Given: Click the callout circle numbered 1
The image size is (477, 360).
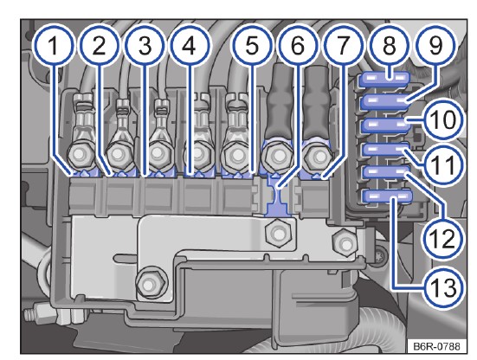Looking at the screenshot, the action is tap(54, 46).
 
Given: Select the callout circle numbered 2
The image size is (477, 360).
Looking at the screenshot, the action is tap(99, 46).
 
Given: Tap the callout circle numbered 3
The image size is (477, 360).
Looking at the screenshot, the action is tap(145, 46).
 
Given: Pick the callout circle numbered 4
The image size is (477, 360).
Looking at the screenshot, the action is tap(190, 46).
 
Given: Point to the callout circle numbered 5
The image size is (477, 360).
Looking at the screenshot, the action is tap(252, 46).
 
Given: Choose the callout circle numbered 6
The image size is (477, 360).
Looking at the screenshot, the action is tap(298, 46).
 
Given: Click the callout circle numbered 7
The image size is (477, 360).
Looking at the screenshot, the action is tap(343, 46).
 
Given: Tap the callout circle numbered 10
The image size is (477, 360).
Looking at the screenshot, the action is tap(444, 119).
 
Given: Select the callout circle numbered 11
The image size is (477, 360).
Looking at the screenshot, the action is tap(444, 164).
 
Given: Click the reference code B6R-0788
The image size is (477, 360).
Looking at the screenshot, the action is tap(436, 346).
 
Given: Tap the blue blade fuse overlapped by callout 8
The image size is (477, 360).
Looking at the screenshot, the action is tap(384, 80).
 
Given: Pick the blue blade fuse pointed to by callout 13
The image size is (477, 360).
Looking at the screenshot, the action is tap(387, 196).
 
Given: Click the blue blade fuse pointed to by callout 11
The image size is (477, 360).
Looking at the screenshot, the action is tap(386, 150).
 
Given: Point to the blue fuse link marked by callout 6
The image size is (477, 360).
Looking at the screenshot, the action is tap(277, 196).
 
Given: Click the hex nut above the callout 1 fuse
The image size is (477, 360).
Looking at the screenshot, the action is tap(80, 155).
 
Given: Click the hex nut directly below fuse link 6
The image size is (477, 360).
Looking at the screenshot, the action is tap(277, 235).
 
